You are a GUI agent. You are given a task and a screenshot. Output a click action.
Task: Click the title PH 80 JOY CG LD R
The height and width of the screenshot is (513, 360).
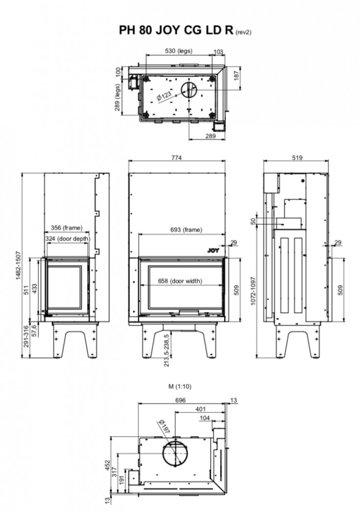pos(176,30)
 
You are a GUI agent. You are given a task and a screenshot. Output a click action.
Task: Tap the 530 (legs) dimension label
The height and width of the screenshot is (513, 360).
pos(178,51)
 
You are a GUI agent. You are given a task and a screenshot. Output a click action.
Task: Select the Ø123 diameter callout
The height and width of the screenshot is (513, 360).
pos(164,96)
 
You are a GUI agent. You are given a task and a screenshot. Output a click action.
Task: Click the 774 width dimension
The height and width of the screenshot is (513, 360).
pos(176,157)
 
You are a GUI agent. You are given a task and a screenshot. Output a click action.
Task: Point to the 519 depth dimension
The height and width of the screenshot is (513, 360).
pos(297,157)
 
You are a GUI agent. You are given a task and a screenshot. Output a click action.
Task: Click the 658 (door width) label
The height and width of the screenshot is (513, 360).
pos(180,281)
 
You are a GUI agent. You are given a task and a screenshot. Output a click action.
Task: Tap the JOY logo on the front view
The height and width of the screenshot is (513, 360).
pos(213,251)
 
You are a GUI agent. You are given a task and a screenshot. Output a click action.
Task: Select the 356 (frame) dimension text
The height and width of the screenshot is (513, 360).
pos(67,228)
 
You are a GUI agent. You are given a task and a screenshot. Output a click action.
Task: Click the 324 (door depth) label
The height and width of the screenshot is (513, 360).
pos(67,239)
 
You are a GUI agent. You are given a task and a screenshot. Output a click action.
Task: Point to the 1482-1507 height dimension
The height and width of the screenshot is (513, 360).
pos(18,265)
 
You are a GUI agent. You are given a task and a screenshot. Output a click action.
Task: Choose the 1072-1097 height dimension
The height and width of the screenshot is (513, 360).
pos(253,291)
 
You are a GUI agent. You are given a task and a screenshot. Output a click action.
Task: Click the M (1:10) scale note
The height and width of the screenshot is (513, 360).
pos(180,386)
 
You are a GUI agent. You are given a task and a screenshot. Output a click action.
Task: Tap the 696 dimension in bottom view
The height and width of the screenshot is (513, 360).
pos(180,400)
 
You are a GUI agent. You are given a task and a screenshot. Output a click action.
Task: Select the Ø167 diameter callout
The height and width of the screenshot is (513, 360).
pos(165,426)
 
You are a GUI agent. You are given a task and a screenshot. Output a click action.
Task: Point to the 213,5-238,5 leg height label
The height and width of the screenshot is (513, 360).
pos(167,350)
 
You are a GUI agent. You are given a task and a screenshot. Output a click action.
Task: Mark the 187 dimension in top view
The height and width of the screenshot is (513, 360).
pos(236,75)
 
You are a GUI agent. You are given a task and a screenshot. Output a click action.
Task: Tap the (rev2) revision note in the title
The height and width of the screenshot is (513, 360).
pos(243,32)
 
